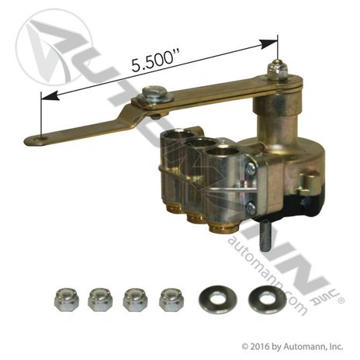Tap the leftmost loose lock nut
pos(67,299)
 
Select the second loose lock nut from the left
pos(100,299)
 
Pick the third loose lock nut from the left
pos(136,299)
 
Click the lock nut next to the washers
pos(171,300)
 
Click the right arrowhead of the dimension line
pos(269,44)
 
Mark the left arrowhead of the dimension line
pos(50,95)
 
